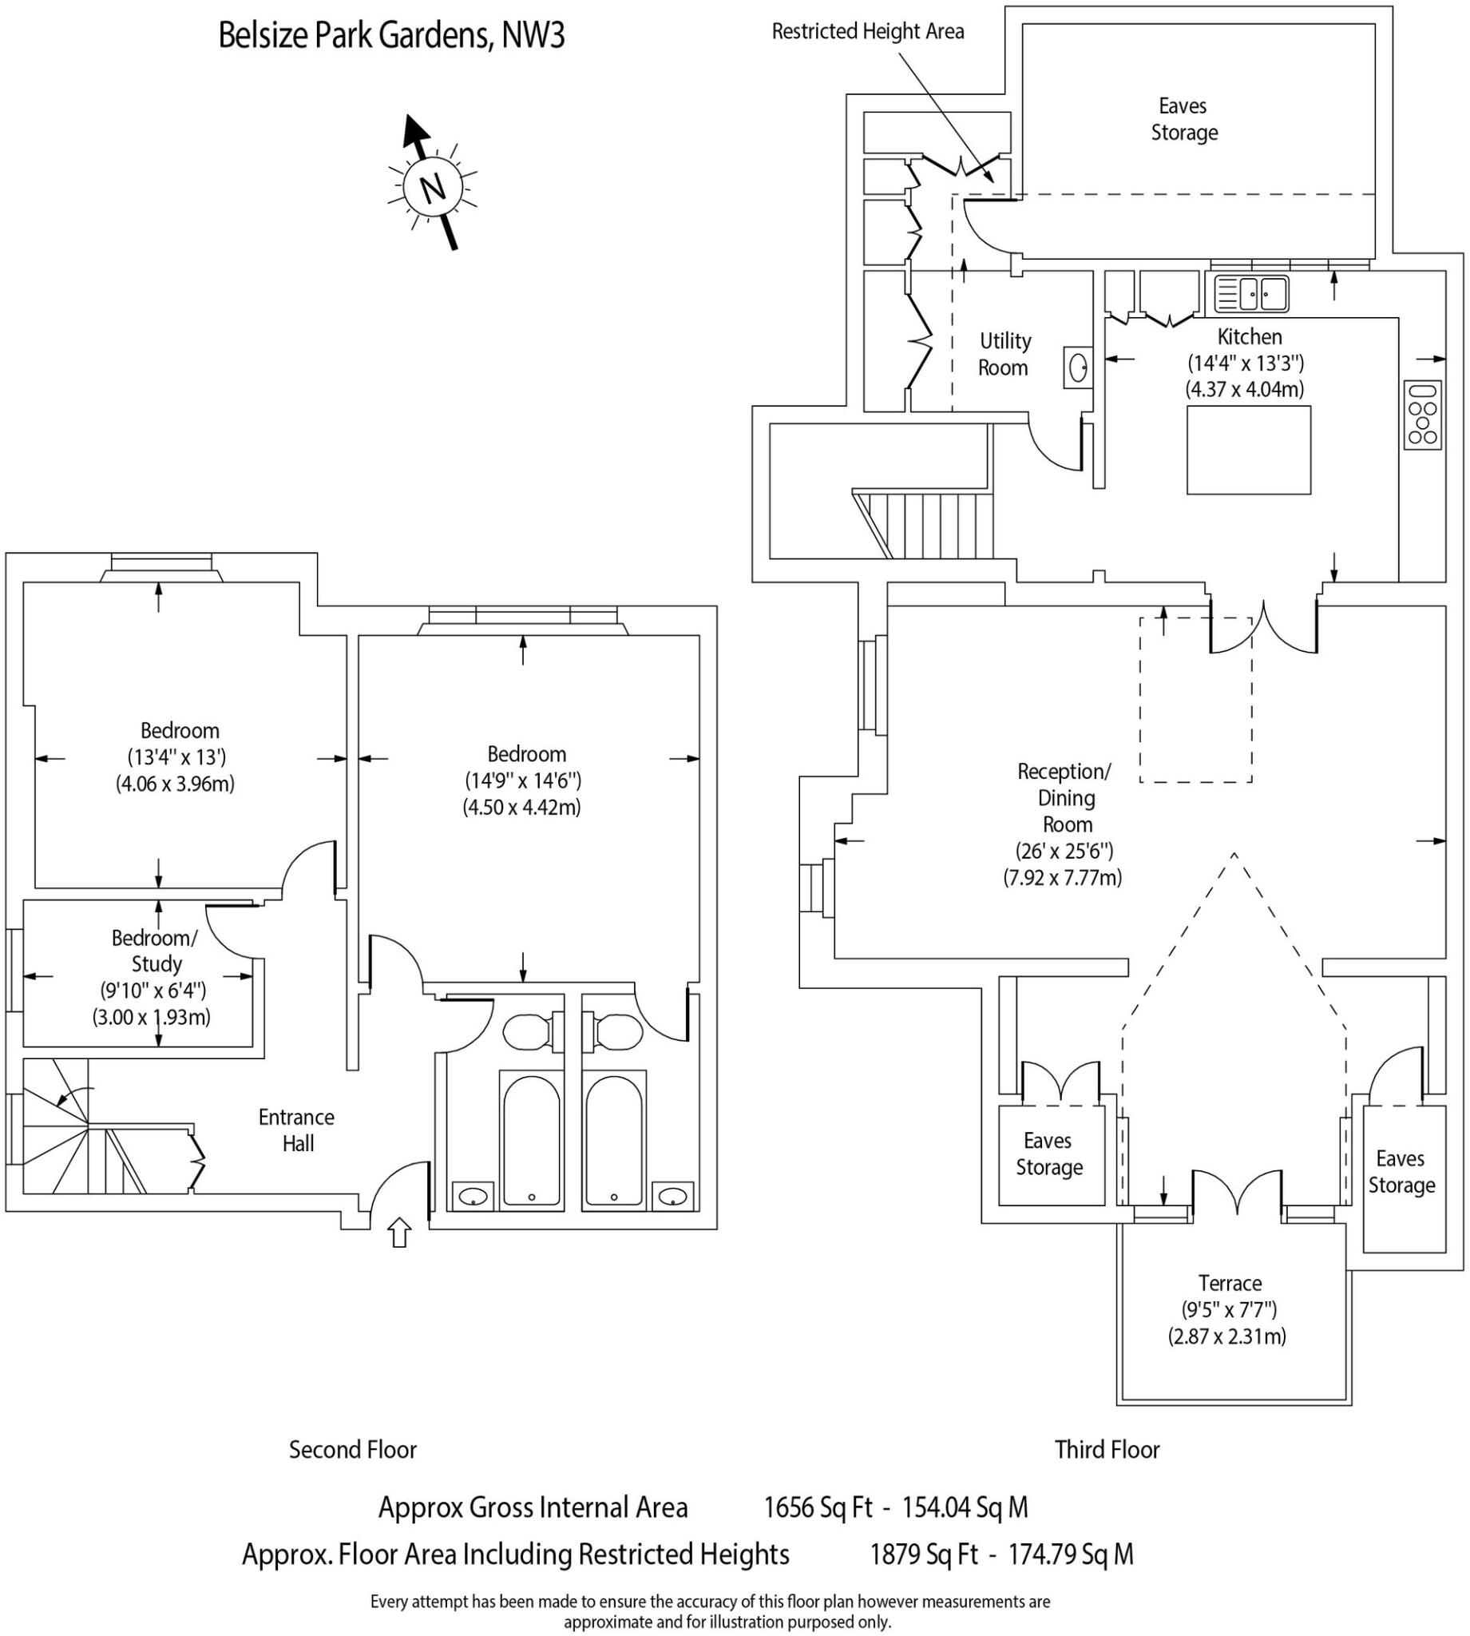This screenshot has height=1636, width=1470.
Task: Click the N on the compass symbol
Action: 434,188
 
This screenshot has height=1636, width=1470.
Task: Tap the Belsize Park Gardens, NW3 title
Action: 392,35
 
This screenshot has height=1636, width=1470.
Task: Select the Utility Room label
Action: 1004,354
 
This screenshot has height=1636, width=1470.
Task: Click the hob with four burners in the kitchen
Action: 1423,415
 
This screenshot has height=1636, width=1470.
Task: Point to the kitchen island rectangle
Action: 1249,450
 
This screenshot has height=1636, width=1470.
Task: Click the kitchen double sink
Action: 1251,294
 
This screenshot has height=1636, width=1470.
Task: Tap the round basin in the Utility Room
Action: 1077,368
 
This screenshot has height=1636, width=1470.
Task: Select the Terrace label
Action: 1230,1283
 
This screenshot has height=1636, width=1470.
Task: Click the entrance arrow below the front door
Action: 399,1233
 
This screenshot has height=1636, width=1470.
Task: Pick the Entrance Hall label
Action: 297,1130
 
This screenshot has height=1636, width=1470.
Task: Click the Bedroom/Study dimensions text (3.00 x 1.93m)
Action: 151,1016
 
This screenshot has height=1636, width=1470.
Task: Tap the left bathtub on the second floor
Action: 532,1139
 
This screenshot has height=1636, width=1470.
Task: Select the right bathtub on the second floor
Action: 614,1139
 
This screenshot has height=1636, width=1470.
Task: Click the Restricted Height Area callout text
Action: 868,31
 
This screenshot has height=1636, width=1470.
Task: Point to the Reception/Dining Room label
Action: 1065,797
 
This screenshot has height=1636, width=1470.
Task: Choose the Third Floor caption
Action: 1107,1449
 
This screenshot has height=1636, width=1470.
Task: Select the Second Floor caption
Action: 353,1449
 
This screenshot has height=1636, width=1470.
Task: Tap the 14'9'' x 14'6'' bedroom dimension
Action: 522,780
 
